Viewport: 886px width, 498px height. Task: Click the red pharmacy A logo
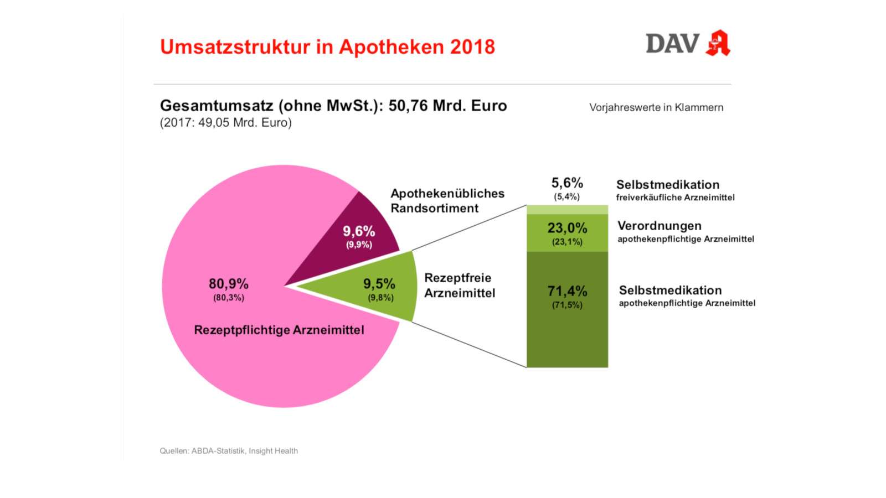(718, 43)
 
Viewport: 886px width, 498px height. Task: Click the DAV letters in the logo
(672, 44)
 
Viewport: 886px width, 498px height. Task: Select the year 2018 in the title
(472, 47)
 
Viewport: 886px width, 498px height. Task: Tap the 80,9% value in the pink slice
(228, 284)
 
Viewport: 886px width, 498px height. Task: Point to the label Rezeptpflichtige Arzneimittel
(279, 330)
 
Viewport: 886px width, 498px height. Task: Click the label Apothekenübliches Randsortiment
(447, 201)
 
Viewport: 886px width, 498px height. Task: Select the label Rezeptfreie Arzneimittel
(460, 286)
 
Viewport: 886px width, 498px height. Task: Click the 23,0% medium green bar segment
(567, 232)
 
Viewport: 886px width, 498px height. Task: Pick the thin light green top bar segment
(567, 210)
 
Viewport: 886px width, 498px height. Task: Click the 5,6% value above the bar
(567, 183)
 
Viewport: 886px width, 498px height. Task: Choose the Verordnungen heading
(660, 226)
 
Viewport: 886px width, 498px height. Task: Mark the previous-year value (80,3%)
(229, 298)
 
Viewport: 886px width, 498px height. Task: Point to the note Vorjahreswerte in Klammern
(656, 107)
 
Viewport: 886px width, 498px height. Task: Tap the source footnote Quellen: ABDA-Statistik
(228, 451)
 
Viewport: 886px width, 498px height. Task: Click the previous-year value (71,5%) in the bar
(567, 305)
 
